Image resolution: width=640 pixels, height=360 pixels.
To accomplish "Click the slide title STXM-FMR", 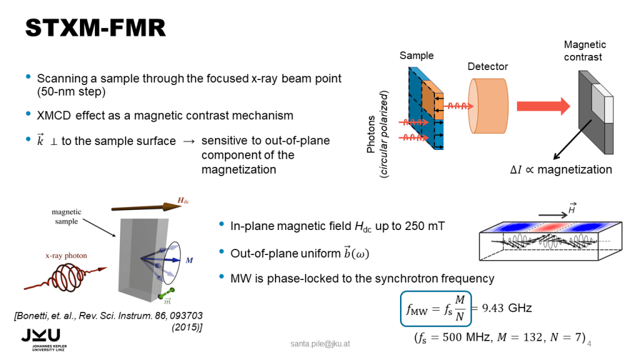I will (94, 27).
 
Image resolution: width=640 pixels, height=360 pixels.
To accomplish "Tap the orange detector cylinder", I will (489, 106).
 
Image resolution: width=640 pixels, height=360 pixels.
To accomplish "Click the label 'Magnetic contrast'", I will (584, 51).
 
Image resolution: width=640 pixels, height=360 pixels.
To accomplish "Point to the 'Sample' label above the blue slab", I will (416, 56).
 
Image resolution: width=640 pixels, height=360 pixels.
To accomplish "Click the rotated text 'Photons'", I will (373, 135).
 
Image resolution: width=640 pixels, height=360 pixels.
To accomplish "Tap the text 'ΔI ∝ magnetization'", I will (560, 170).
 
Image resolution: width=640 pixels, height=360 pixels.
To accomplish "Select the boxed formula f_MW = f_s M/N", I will (435, 308).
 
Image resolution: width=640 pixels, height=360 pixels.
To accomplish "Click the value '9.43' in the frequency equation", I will (491, 308).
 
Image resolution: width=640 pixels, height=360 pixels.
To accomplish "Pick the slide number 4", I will (589, 344).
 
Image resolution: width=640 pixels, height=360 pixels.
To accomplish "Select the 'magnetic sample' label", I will (67, 217).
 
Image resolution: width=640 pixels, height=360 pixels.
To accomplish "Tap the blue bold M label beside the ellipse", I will (189, 260).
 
